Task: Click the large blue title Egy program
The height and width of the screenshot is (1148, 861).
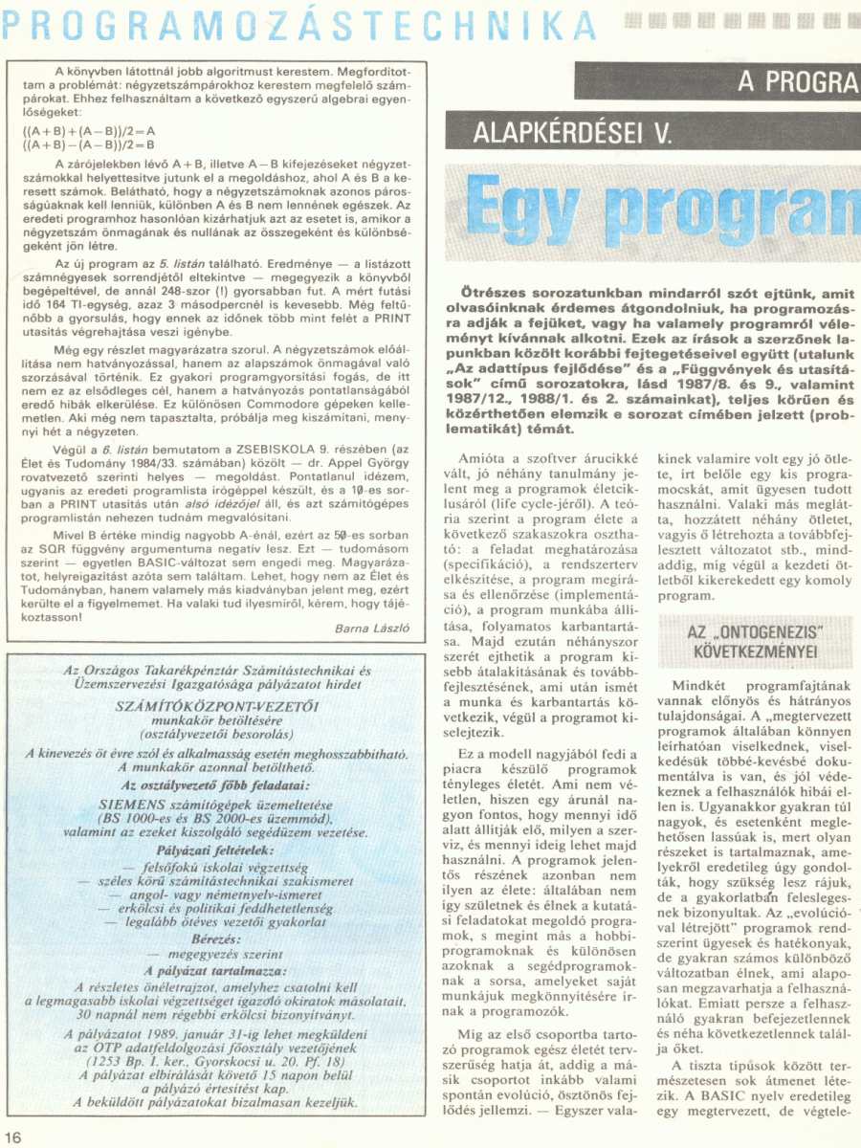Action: point(660,208)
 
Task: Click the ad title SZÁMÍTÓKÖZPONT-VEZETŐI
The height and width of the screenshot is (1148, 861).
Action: point(217,706)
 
